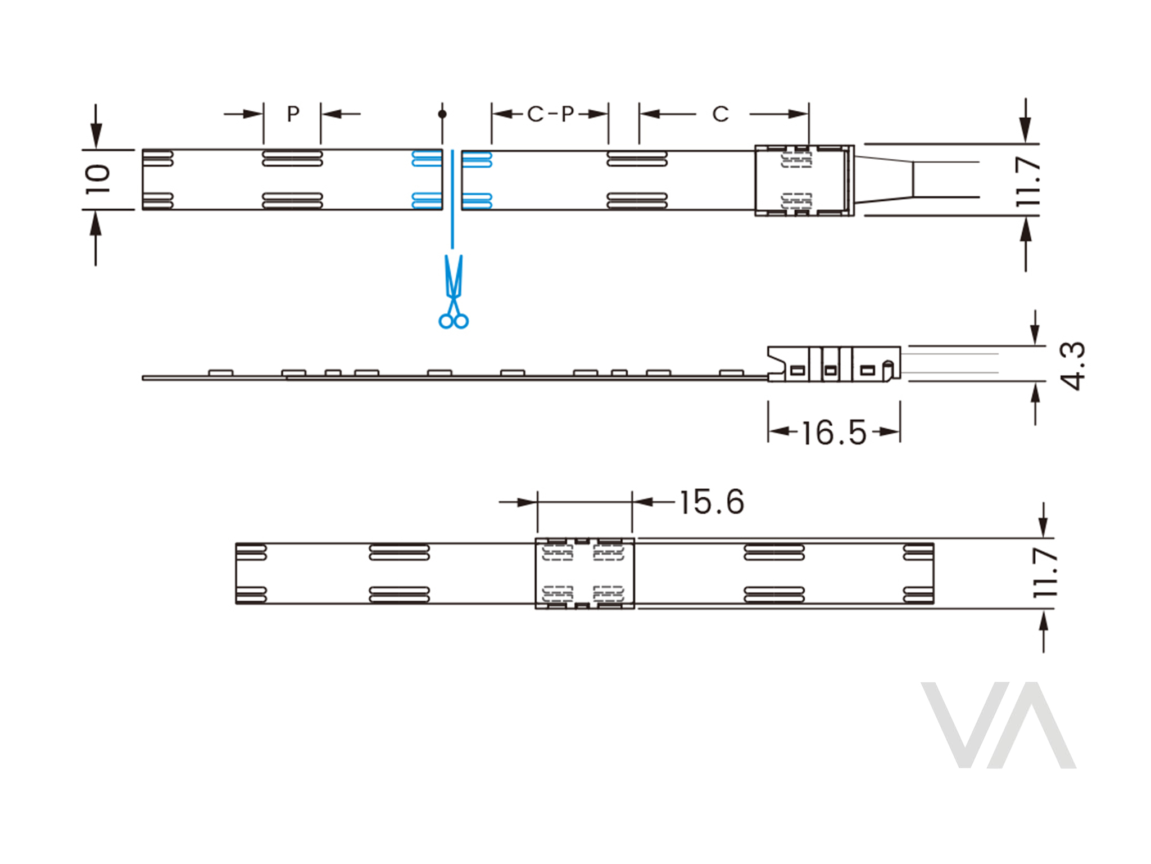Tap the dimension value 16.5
834,433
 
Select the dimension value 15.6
712,502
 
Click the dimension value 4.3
1072,366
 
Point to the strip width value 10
97,179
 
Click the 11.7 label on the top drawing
1028,181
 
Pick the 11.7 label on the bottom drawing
1045,573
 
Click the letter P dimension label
293,114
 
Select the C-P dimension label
550,114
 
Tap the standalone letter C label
720,114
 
